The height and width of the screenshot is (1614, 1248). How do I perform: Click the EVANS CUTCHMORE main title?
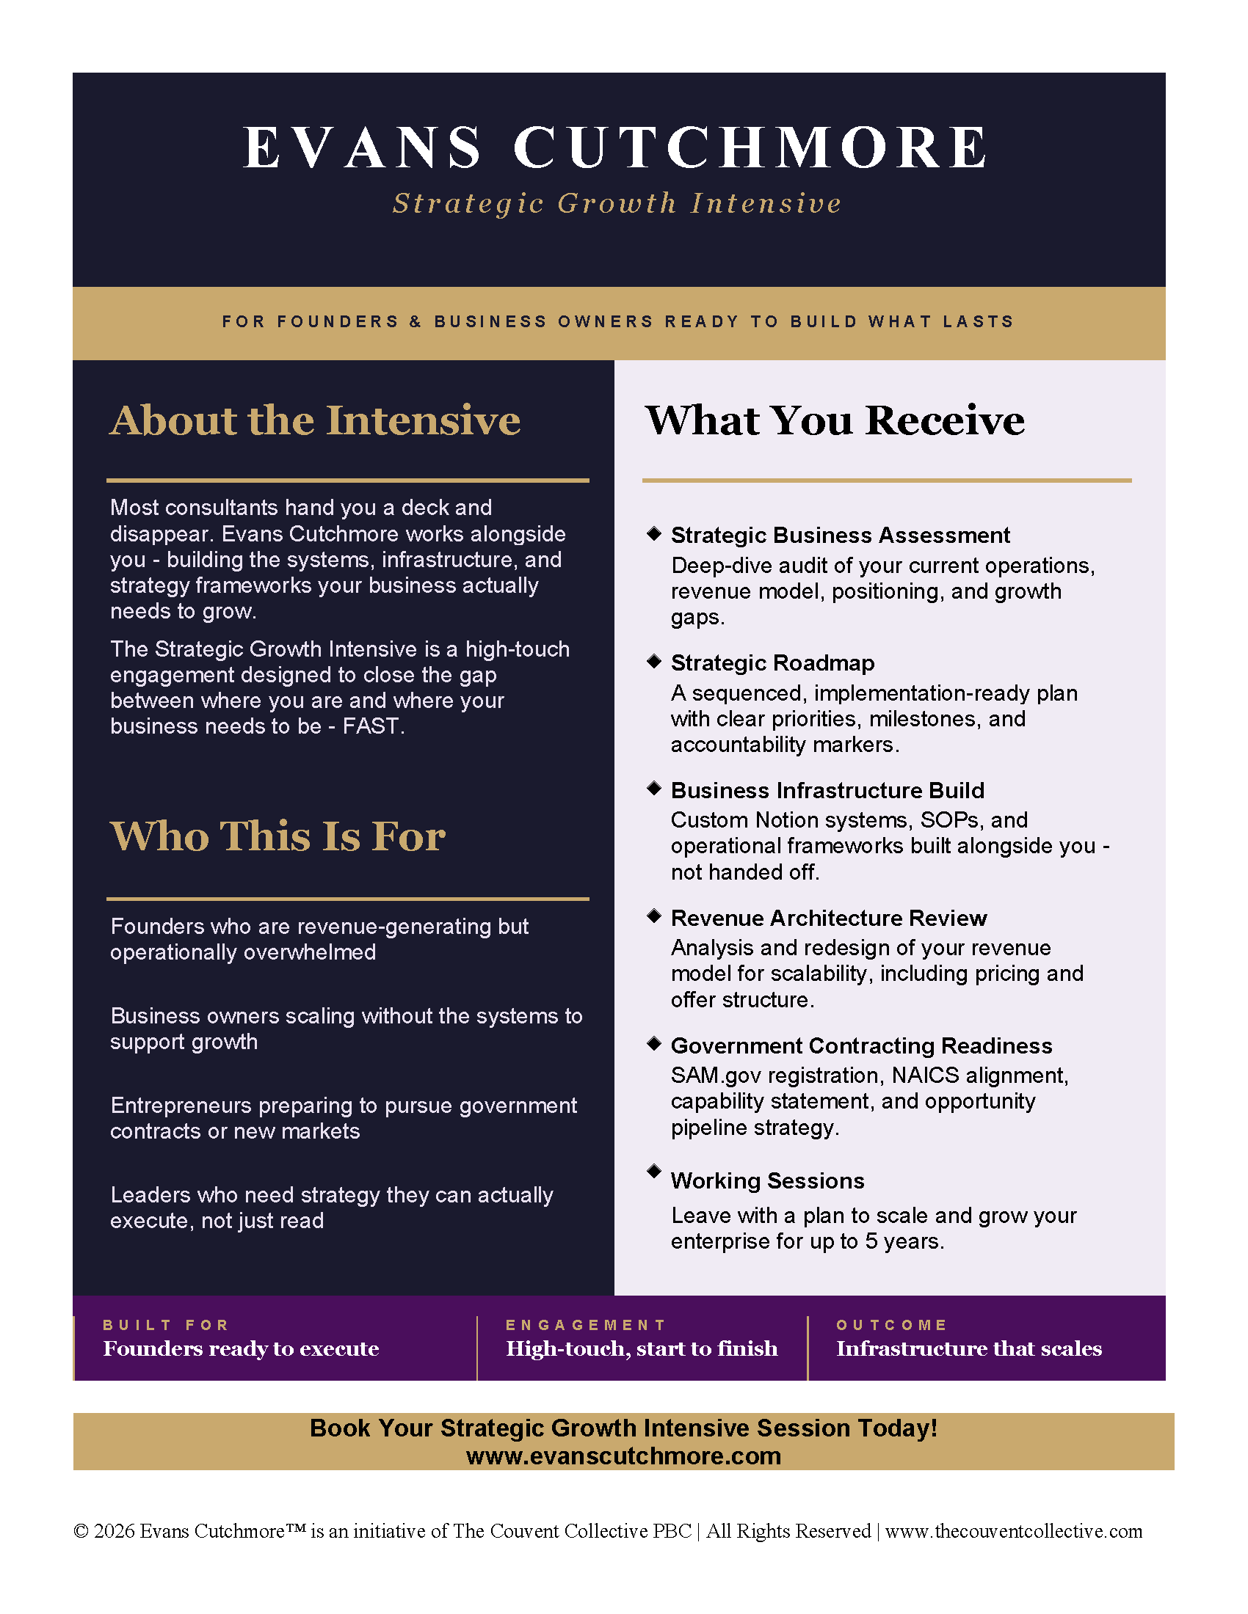[x=616, y=147]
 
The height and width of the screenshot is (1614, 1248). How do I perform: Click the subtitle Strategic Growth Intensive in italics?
[x=617, y=203]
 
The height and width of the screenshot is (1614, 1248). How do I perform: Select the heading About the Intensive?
[x=315, y=420]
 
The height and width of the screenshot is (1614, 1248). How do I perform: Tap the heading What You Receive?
[x=835, y=420]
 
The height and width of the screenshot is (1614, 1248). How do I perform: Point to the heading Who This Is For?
[x=277, y=836]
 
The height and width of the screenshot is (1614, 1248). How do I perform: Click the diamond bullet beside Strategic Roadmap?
[x=653, y=662]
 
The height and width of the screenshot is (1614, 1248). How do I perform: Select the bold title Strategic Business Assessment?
[x=840, y=535]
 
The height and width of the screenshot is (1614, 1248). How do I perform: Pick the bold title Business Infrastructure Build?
[x=827, y=790]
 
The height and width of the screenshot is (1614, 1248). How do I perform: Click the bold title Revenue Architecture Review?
[x=828, y=918]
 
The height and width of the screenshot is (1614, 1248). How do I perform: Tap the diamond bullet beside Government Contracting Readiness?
[x=653, y=1043]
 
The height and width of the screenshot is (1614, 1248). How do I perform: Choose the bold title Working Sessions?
[x=767, y=1181]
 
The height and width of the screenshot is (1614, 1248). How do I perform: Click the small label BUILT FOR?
[x=167, y=1325]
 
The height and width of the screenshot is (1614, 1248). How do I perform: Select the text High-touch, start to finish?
[x=641, y=1348]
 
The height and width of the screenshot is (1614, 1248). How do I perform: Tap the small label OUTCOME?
[x=892, y=1325]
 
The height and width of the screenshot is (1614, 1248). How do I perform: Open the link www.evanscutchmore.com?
[x=623, y=1456]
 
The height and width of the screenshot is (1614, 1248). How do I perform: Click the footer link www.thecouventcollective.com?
[x=1014, y=1531]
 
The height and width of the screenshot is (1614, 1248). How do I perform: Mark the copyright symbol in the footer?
[x=81, y=1531]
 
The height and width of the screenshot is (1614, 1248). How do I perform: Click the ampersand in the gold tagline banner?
[x=416, y=321]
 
